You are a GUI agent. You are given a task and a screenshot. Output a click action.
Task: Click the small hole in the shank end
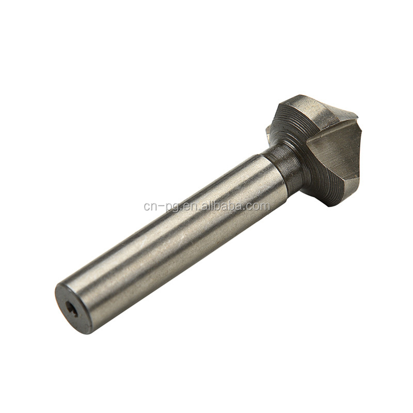point(72,309)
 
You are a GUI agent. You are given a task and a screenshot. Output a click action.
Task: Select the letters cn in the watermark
point(150,206)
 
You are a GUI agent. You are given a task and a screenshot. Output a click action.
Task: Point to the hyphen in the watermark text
point(161,207)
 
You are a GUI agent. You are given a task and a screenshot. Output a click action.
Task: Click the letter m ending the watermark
point(264,206)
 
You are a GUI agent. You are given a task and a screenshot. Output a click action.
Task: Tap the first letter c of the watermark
point(147,206)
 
